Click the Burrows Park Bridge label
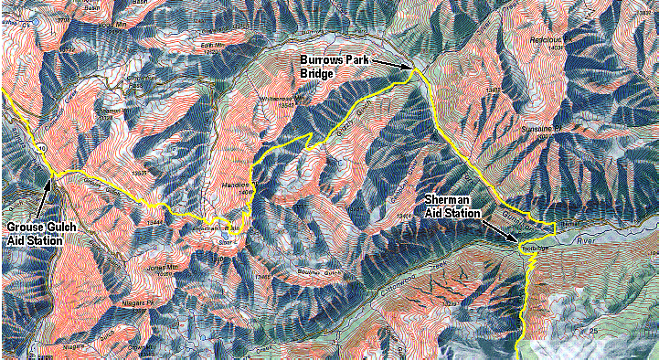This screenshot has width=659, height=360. click(x=337, y=66)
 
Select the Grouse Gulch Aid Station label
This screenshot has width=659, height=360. click(x=34, y=234)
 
